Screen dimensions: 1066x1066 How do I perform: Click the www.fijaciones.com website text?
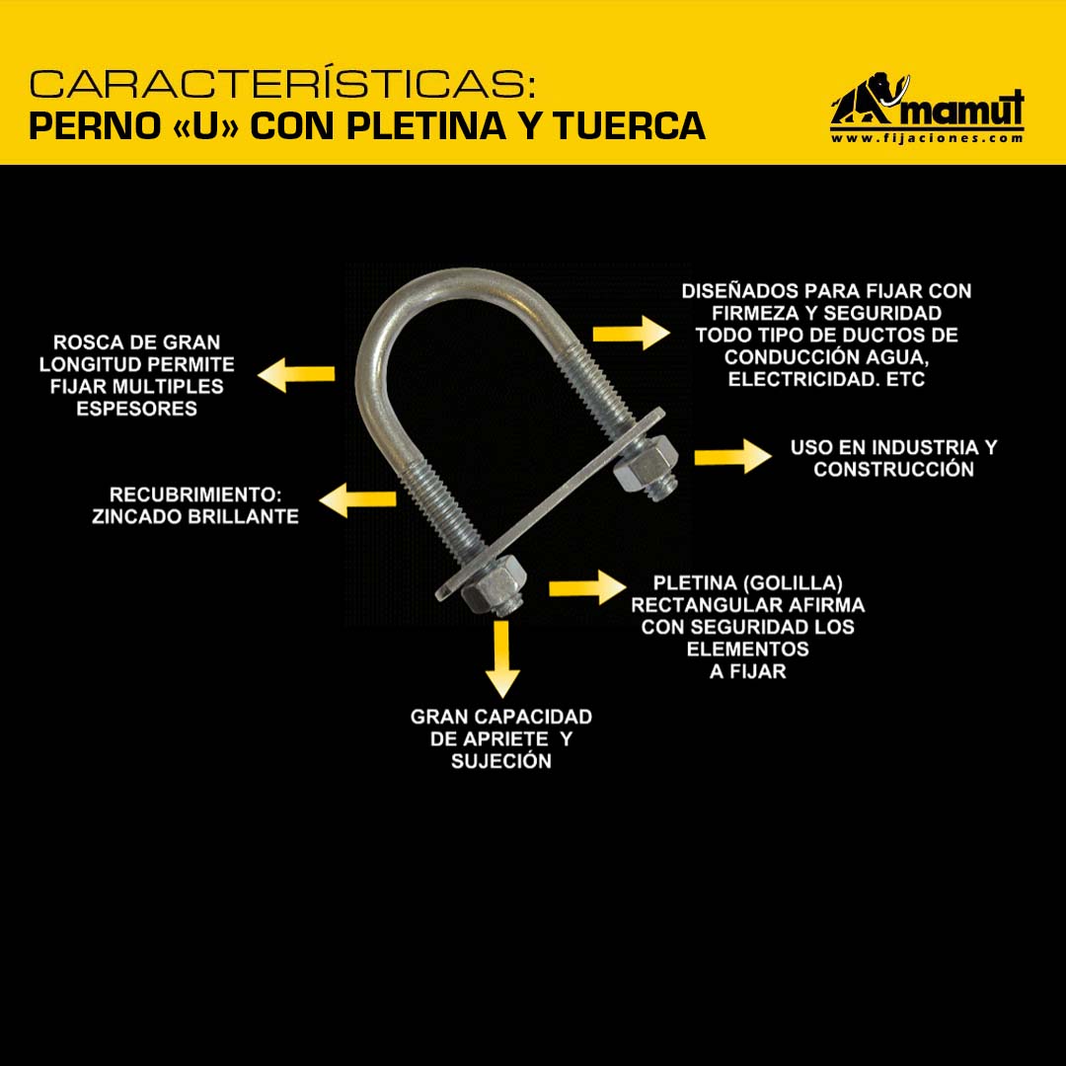click(x=927, y=138)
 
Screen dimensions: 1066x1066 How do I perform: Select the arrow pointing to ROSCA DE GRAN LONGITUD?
click(x=296, y=375)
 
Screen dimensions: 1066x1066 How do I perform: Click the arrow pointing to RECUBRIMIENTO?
click(x=357, y=499)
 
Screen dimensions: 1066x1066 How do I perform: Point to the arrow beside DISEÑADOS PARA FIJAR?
click(x=631, y=334)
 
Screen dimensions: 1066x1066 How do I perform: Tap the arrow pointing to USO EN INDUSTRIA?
click(x=732, y=456)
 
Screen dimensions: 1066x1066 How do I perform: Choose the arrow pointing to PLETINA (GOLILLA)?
click(x=587, y=587)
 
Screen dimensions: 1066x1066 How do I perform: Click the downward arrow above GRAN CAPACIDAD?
click(x=502, y=658)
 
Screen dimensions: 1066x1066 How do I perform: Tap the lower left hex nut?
click(x=495, y=585)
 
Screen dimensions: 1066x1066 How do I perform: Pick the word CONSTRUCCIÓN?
click(x=893, y=469)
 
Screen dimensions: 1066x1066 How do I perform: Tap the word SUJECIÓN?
click(x=501, y=761)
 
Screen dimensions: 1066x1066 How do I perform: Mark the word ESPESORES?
click(x=136, y=409)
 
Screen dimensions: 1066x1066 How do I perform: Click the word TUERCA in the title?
click(x=629, y=125)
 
